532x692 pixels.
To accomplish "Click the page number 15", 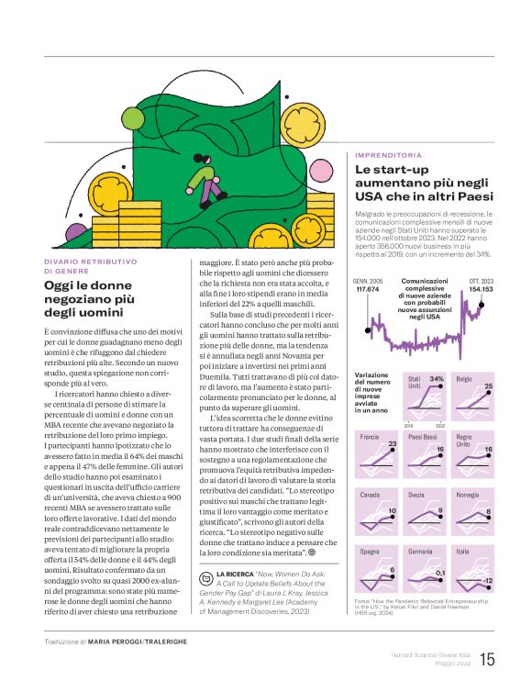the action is click(486, 659).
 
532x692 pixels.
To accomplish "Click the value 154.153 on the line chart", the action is click(482, 289).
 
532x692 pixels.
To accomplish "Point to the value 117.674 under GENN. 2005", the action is click(368, 289).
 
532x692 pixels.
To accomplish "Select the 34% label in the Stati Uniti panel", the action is click(437, 378).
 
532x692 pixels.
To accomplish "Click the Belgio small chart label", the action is click(464, 378).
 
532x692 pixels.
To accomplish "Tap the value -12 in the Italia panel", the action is click(488, 581).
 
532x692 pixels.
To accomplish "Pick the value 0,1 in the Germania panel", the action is click(440, 574).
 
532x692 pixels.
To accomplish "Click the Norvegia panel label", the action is click(468, 494).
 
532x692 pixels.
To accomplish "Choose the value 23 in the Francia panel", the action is click(392, 444).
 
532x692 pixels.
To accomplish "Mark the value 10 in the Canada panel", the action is click(392, 509).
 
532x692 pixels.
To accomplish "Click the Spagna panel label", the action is click(370, 551).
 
